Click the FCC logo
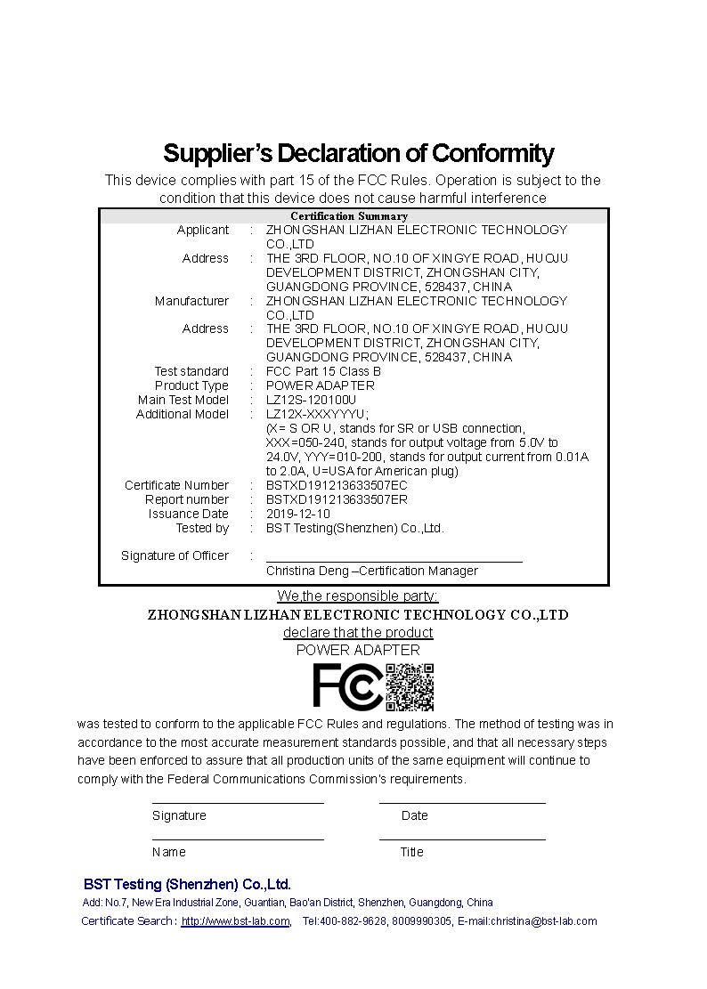(x=347, y=687)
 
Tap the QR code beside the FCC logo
(x=410, y=686)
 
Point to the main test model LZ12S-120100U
(x=311, y=400)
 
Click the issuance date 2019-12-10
(x=298, y=514)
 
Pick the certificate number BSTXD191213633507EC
(x=337, y=485)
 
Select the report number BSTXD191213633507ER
(x=337, y=499)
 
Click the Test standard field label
(x=191, y=371)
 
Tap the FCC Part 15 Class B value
(x=323, y=371)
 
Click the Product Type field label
(x=191, y=385)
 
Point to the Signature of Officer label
(x=175, y=555)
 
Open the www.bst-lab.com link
(x=235, y=921)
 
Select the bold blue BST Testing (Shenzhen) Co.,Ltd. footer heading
(x=187, y=884)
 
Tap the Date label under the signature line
(x=414, y=815)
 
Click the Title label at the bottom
(x=411, y=852)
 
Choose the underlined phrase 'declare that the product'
(x=358, y=632)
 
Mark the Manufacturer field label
(x=191, y=301)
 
